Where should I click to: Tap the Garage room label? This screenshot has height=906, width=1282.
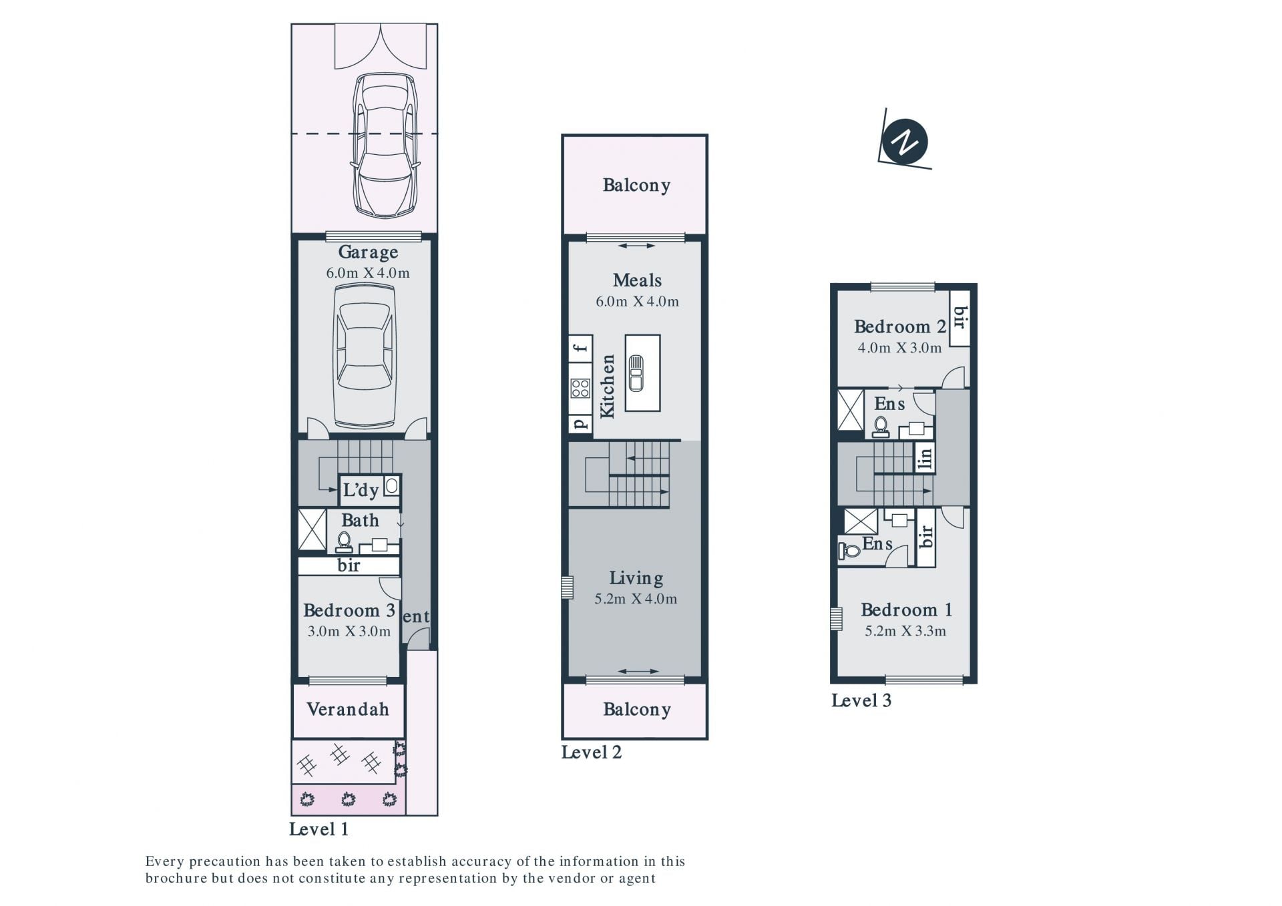tap(368, 252)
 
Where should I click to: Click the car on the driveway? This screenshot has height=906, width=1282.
tap(385, 145)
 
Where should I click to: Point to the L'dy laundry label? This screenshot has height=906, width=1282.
tap(361, 490)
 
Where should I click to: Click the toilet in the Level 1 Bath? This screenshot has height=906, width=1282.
tap(344, 541)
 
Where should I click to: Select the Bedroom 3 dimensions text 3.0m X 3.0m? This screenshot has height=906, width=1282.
tap(349, 632)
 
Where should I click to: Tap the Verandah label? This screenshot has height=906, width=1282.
tap(348, 709)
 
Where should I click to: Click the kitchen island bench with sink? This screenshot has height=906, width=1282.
tap(642, 373)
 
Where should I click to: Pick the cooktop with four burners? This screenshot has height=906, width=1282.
tap(580, 388)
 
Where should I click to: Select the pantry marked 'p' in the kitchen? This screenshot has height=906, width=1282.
tap(580, 423)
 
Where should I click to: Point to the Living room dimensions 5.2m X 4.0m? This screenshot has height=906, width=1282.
tap(636, 599)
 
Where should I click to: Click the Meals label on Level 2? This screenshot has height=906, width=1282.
tap(637, 280)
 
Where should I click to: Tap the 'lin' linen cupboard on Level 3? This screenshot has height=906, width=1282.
tap(925, 457)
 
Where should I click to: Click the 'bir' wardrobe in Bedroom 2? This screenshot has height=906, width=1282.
tap(960, 318)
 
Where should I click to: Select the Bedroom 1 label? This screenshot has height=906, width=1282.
tap(906, 610)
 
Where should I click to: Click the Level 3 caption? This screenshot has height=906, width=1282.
tap(861, 700)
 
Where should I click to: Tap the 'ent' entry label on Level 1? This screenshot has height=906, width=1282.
tap(416, 617)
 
